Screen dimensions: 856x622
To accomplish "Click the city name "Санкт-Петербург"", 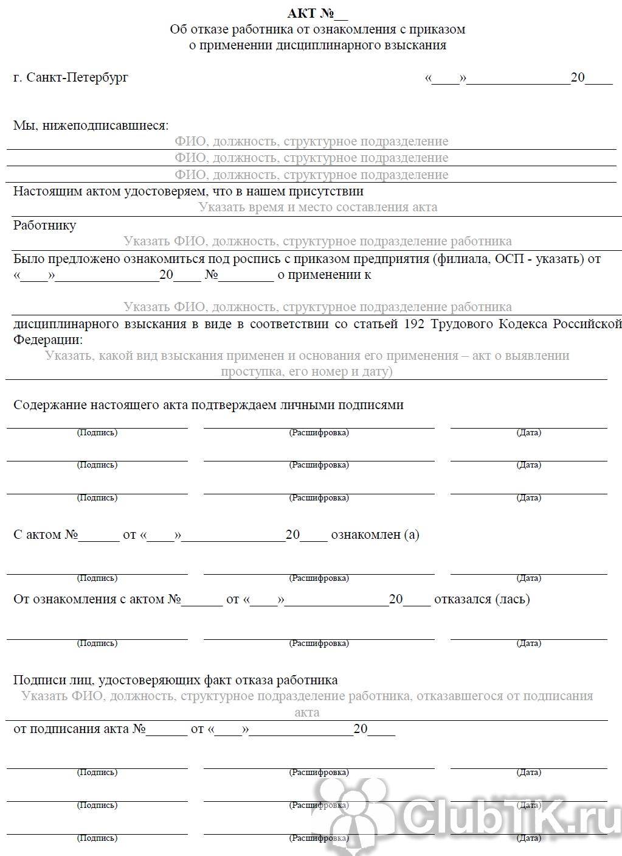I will (x=77, y=78).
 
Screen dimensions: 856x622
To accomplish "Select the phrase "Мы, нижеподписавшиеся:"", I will (x=91, y=125).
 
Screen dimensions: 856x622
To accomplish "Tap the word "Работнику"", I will (x=45, y=225).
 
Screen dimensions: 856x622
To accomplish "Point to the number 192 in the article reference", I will (x=414, y=323).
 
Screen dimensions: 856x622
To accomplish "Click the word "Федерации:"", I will (x=48, y=339).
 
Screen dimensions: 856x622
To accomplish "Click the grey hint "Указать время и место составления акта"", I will (x=317, y=207).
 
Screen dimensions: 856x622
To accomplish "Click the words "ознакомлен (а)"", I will (x=375, y=535).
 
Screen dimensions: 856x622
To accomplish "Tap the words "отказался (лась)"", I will (x=482, y=599).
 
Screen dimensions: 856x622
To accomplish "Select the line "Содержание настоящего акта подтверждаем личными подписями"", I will (x=208, y=405).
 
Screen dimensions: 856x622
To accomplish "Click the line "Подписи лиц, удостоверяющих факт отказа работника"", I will (x=175, y=680).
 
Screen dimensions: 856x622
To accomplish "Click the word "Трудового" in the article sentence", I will (x=461, y=323).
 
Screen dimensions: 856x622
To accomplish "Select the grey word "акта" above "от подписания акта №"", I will (x=306, y=712).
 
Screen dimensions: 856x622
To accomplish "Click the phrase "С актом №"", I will (x=46, y=535).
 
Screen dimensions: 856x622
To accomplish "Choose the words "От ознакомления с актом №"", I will (x=97, y=599).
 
